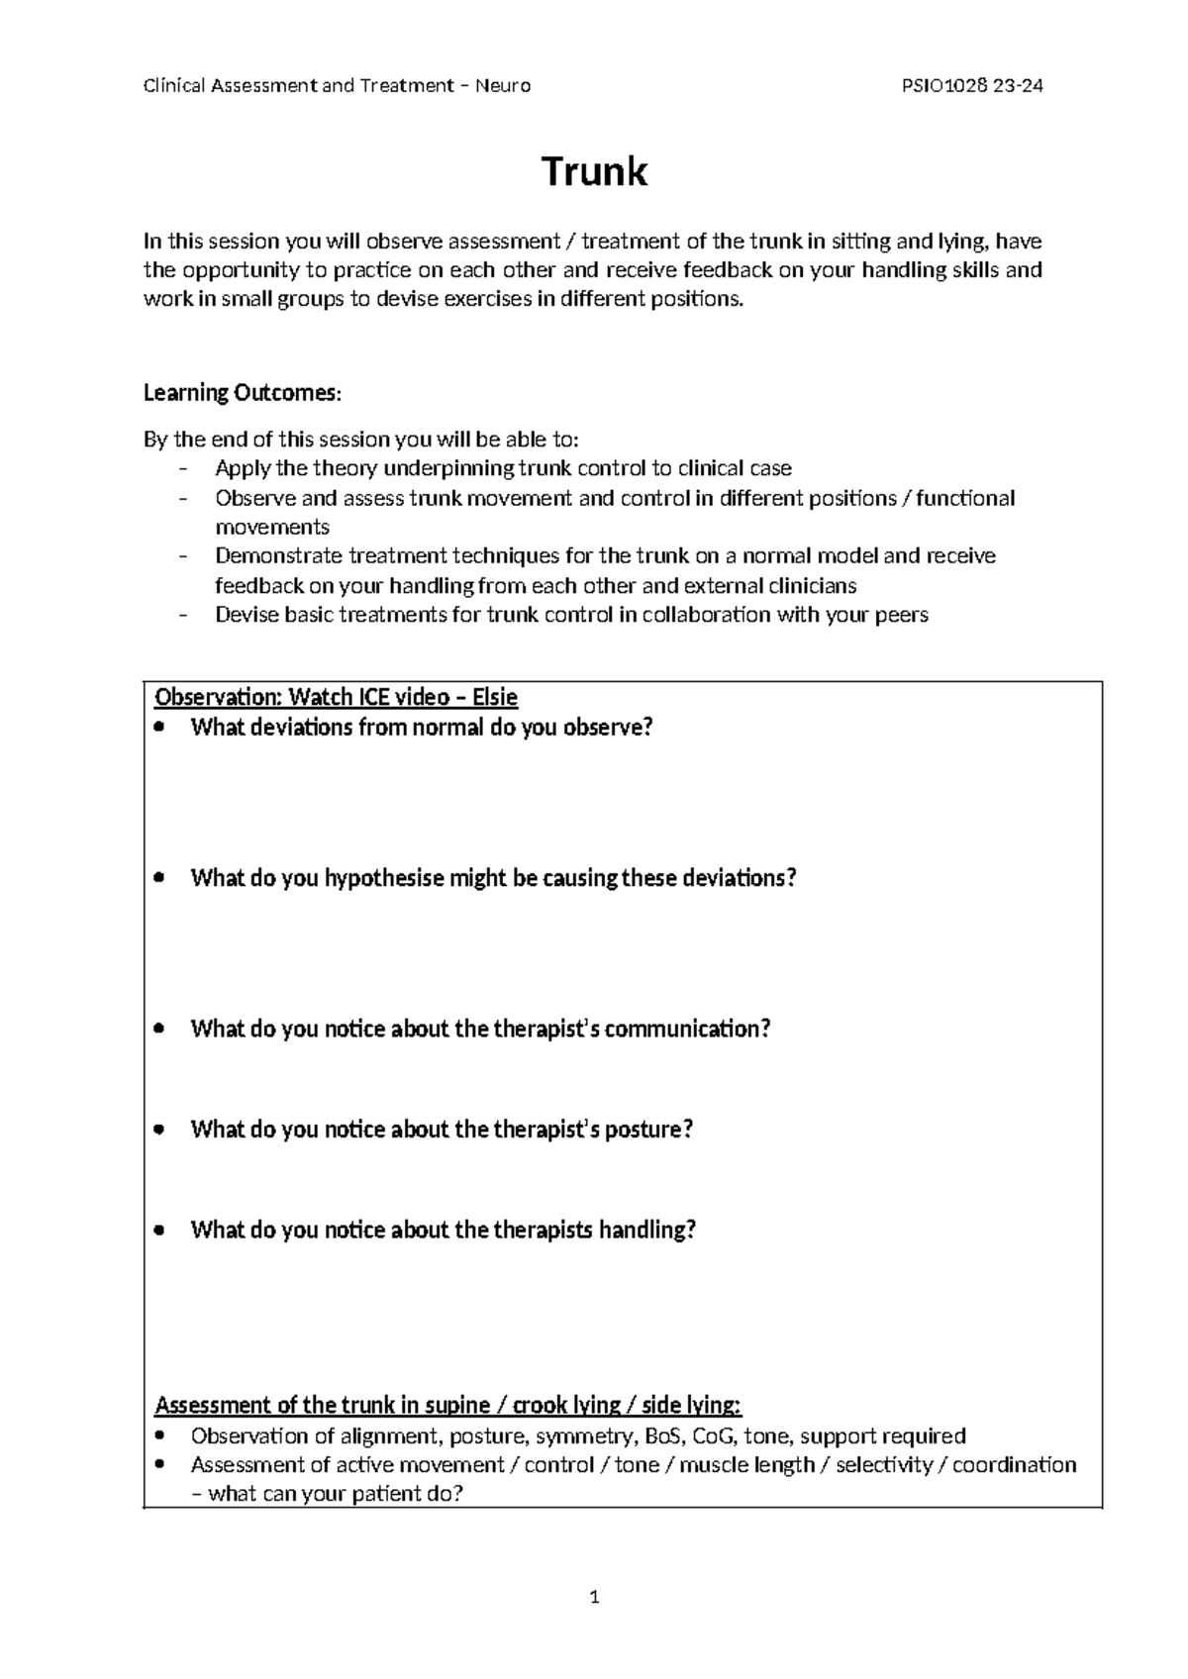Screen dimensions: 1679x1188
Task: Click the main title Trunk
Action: (x=594, y=172)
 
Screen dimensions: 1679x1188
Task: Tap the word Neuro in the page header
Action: (x=503, y=86)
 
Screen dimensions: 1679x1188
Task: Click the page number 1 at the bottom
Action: (x=594, y=1597)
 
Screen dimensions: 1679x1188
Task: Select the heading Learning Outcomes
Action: (x=242, y=393)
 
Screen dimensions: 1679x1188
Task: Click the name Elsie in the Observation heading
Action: (x=495, y=698)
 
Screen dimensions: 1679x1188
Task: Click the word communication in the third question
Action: (x=686, y=1029)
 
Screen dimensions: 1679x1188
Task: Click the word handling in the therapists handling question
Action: (x=647, y=1231)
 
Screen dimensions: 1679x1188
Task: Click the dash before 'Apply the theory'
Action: (x=182, y=469)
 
